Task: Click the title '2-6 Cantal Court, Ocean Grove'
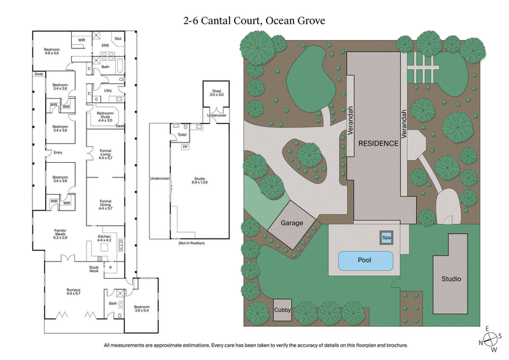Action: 254,20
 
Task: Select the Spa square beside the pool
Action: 386,237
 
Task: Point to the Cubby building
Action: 282,310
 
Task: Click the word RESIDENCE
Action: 378,143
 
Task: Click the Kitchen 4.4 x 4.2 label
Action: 104,238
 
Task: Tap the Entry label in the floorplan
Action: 59,152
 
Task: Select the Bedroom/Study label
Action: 105,118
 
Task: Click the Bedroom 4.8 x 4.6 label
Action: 51,51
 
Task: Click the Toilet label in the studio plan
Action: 182,135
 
